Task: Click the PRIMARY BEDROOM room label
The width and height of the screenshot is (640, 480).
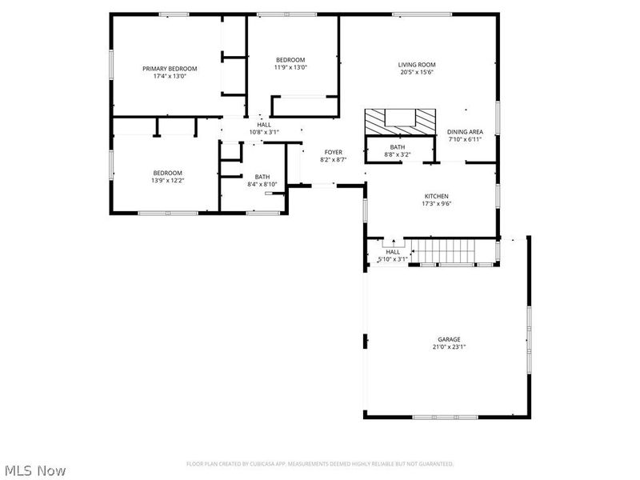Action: coord(170,69)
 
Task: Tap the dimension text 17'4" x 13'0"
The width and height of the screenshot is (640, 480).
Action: coord(170,77)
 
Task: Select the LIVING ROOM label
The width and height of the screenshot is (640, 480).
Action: coord(416,65)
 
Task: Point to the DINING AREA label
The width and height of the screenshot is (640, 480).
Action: coord(465,132)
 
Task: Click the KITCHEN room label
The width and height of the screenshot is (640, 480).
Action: coord(436,196)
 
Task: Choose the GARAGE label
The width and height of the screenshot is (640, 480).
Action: coord(449,339)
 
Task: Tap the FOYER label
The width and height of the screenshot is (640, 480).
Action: coord(333,152)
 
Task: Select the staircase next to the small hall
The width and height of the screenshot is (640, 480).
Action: coord(447,252)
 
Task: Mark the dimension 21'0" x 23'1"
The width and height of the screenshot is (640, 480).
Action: coord(449,347)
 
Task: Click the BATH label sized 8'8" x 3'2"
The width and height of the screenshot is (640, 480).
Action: coord(398,147)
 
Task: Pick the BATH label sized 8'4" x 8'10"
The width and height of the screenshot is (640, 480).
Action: coord(262,177)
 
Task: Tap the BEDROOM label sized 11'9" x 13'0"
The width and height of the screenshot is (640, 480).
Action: coord(290,60)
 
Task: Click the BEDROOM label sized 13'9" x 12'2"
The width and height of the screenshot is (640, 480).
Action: coord(168,173)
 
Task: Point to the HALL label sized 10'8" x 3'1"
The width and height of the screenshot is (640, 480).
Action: coord(264,125)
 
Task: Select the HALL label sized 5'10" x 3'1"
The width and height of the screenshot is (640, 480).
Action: coord(393,252)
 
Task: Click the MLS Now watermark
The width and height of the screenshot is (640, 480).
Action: coord(35,470)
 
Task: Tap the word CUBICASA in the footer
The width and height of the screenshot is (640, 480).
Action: coord(274,464)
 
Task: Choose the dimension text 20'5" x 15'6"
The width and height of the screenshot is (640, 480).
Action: coord(416,73)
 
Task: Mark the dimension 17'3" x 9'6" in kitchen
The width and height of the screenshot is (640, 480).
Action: coord(436,204)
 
